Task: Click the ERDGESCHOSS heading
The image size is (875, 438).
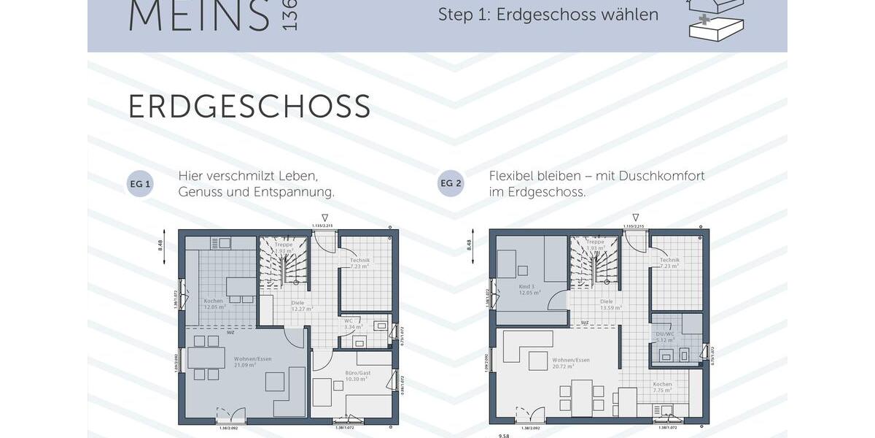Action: click(x=249, y=107)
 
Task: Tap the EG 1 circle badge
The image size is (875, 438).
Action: click(x=140, y=184)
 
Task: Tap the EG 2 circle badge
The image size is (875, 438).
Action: click(x=451, y=184)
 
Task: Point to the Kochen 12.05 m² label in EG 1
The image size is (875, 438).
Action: click(x=213, y=303)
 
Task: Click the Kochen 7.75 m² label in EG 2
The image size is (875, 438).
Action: click(x=662, y=387)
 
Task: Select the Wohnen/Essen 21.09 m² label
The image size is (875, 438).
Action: click(x=244, y=362)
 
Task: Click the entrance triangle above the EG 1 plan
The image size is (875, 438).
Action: click(x=325, y=218)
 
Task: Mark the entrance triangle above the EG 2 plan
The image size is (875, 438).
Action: click(x=636, y=218)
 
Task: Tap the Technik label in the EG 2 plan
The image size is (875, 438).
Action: click(x=669, y=263)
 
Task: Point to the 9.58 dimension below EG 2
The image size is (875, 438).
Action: click(x=504, y=434)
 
